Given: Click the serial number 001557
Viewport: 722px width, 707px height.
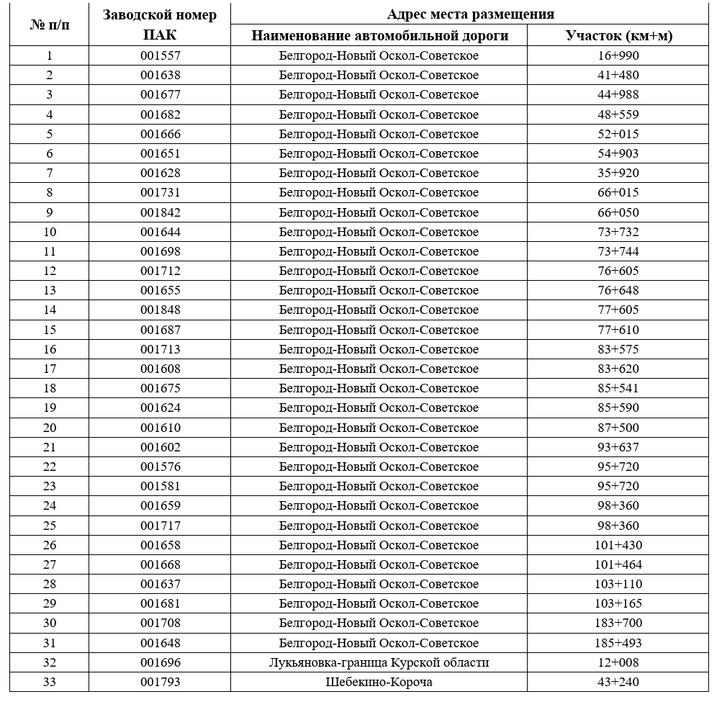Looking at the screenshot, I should (160, 55).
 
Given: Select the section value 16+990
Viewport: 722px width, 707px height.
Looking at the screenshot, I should (618, 55).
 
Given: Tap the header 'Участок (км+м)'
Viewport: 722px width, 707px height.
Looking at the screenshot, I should (618, 36).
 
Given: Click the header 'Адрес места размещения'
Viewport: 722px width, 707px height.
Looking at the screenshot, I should (470, 14).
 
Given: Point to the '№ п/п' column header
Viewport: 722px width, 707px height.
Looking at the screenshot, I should (49, 25).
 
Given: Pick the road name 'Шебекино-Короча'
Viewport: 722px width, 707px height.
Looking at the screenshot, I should (379, 682).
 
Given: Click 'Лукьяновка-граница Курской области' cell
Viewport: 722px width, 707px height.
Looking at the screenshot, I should (379, 662).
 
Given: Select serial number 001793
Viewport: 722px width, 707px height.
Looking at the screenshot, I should (160, 682).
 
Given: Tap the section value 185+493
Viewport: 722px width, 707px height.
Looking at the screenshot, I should (618, 643).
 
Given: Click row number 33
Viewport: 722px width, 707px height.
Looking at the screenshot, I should (49, 682).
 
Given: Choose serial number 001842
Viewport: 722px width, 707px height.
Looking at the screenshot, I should (160, 212).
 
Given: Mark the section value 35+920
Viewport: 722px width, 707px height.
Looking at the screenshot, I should (618, 173).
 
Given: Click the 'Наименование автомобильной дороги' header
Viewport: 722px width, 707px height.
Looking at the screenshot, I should (379, 36).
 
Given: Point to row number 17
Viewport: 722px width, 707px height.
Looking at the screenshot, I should (49, 369).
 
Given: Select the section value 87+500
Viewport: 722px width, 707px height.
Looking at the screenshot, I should (618, 428).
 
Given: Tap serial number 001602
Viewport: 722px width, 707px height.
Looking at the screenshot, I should (160, 447).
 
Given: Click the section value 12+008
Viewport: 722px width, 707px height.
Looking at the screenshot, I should (618, 662).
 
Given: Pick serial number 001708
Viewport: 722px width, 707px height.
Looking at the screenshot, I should (160, 623).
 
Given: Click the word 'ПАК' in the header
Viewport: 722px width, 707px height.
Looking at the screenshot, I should (160, 35).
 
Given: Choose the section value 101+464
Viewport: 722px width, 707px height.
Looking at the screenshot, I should (618, 564).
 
